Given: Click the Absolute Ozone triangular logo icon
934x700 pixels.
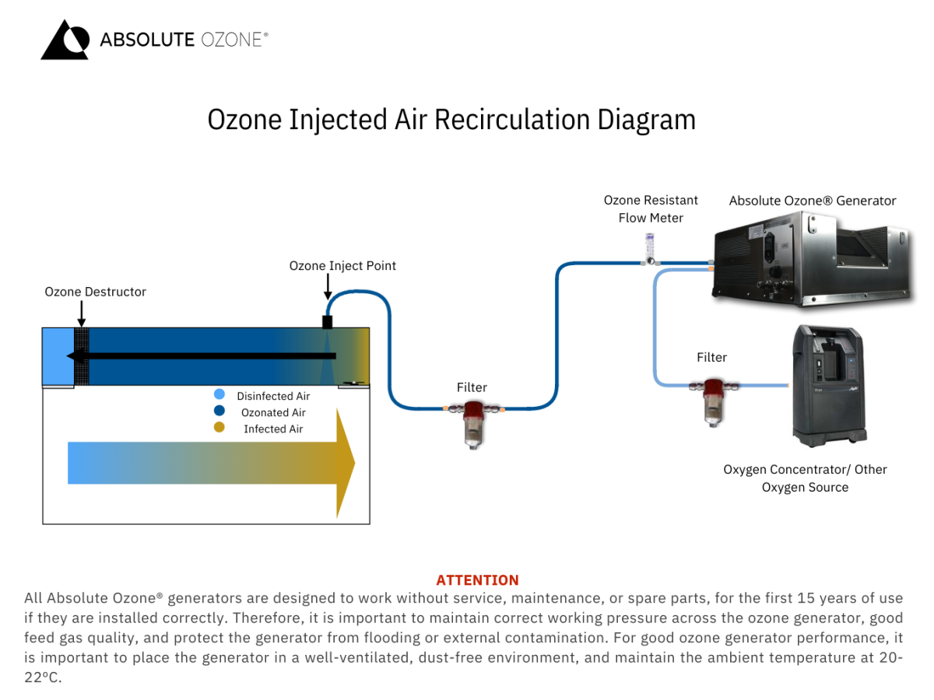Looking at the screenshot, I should pyautogui.click(x=65, y=40).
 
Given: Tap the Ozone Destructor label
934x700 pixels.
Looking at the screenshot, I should pyautogui.click(x=95, y=292).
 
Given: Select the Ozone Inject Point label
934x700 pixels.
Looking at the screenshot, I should pyautogui.click(x=342, y=265).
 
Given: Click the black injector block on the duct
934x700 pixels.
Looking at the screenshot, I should pyautogui.click(x=328, y=321).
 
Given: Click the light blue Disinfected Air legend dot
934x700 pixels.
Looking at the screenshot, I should pyautogui.click(x=219, y=395).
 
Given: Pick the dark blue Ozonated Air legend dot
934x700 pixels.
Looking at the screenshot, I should pyautogui.click(x=219, y=411).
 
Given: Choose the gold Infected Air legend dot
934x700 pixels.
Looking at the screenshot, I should pyautogui.click(x=219, y=428).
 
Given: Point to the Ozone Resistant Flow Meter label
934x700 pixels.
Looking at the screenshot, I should pyautogui.click(x=651, y=209).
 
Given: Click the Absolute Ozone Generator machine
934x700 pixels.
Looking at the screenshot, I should pyautogui.click(x=809, y=257).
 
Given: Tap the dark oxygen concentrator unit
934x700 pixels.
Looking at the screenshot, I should pyautogui.click(x=826, y=385).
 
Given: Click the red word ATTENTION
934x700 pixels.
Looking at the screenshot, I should pyautogui.click(x=477, y=580).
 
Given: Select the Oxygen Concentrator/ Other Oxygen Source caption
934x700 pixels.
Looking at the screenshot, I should pyautogui.click(x=805, y=478).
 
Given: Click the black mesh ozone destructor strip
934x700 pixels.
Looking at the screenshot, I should pyautogui.click(x=82, y=356).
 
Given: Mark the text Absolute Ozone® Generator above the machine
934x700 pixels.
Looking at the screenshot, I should pyautogui.click(x=813, y=201).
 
